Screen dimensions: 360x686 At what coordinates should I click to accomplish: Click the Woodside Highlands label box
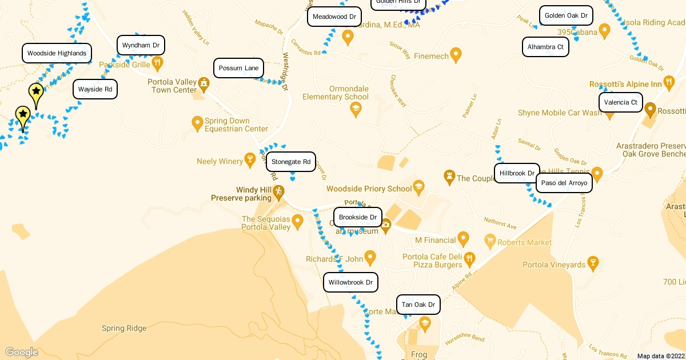coord(57,53)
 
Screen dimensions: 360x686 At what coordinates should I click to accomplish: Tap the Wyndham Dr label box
coord(141,45)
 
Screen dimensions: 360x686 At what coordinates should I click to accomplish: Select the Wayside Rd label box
coord(95,89)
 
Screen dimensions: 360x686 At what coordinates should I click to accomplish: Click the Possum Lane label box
coord(238,68)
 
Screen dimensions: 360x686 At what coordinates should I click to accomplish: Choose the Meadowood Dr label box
coord(334,17)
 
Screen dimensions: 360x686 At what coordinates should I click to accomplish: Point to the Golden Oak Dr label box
coord(566,15)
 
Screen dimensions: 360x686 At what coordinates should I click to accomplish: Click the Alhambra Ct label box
coord(545,47)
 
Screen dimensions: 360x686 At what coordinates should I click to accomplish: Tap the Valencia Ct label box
coord(620,102)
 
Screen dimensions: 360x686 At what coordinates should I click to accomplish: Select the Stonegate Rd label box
coord(291,162)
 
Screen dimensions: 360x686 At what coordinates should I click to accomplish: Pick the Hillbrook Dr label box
coord(517,173)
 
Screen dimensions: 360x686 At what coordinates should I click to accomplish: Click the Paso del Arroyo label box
coord(564,183)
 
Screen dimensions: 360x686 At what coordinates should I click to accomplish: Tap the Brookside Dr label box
coord(358,217)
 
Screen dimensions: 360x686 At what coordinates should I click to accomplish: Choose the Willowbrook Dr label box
coord(350,282)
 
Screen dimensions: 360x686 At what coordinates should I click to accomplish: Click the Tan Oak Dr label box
coord(418,305)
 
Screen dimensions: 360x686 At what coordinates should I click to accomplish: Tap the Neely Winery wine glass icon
coord(249,159)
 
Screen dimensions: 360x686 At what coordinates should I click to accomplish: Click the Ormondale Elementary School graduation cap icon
coord(356,108)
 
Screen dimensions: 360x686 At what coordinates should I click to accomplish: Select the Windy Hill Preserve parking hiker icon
coord(278,191)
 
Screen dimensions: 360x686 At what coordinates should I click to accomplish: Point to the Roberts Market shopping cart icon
coord(489,240)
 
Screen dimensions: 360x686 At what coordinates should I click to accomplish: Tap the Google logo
coord(21,352)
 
